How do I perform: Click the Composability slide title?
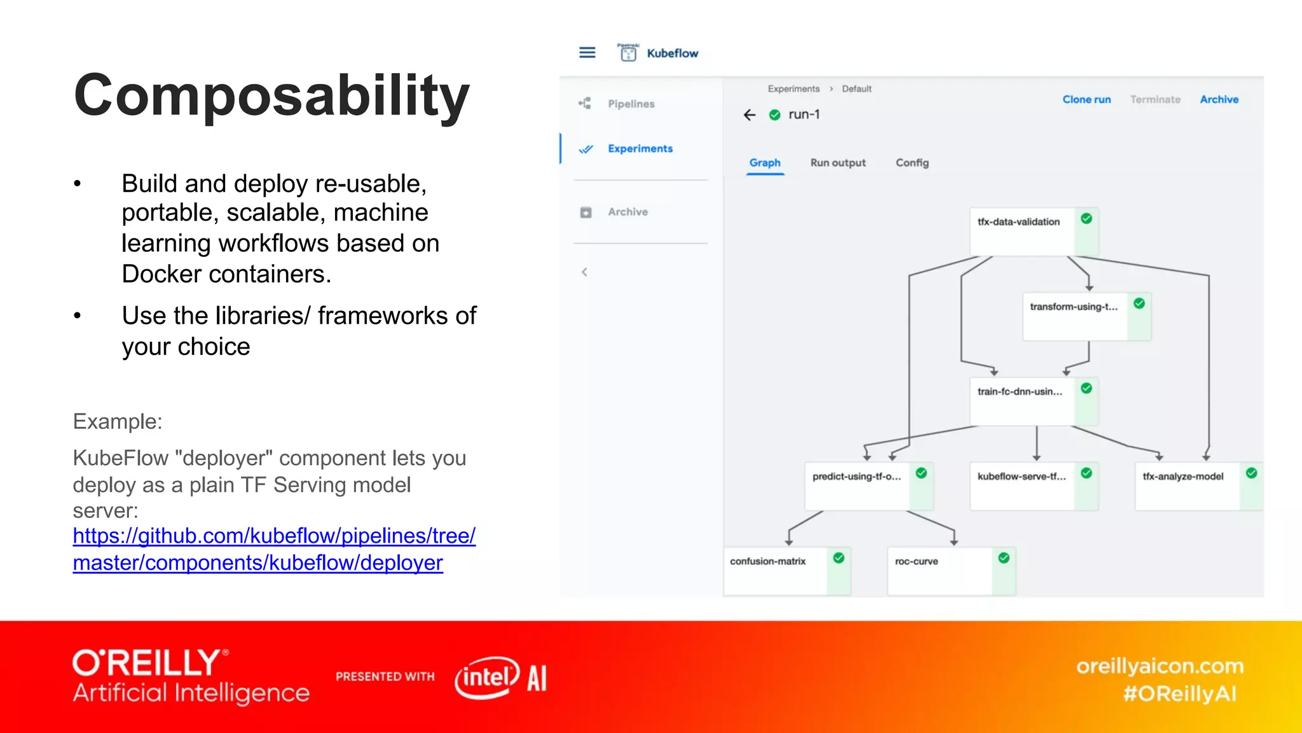271,95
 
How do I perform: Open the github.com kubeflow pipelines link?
273,549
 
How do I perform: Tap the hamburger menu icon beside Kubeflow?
587,53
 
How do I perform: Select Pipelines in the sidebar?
630,104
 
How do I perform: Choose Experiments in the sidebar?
640,148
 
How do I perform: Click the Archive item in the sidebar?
627,212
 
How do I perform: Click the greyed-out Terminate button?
1155,99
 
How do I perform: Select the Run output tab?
837,163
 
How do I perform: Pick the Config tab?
912,163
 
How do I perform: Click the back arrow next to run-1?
750,115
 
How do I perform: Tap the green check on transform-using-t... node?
1139,304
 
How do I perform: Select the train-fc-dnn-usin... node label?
1020,392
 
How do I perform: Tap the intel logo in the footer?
487,678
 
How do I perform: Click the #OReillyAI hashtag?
1179,694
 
